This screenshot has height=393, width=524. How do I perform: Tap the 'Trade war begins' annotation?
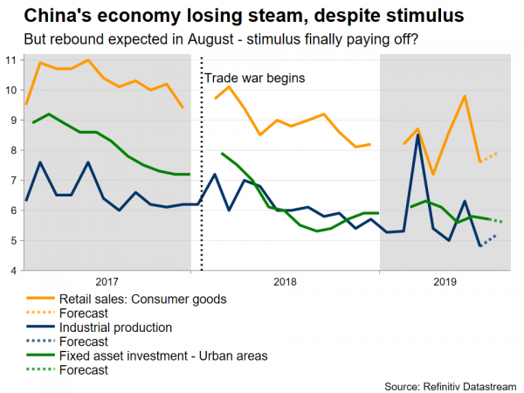[254, 78]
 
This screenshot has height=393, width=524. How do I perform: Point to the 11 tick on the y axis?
[10, 59]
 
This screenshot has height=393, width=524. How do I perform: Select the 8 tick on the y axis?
[10, 150]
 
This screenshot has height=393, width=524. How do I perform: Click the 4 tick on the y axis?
[10, 271]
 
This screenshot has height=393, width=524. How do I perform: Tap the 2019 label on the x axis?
[445, 282]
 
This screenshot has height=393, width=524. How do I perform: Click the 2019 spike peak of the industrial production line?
[419, 135]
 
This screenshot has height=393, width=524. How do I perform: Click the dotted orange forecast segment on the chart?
[489, 157]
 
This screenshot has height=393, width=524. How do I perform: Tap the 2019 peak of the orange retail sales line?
[465, 96]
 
